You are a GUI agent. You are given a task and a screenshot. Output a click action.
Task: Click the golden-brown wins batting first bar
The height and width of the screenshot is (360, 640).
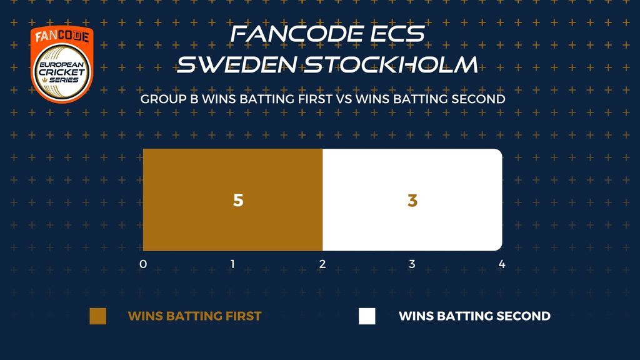(232, 199)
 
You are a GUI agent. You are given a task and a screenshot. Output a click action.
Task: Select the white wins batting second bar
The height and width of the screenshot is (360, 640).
(412, 199)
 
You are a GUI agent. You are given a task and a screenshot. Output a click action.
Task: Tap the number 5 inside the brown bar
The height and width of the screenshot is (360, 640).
(238, 200)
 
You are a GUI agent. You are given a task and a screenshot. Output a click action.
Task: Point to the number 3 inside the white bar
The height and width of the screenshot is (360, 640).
(412, 200)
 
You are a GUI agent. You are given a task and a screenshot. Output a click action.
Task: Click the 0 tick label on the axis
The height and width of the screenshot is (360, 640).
(143, 264)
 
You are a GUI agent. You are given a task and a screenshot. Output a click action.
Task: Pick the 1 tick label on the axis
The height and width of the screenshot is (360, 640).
(232, 264)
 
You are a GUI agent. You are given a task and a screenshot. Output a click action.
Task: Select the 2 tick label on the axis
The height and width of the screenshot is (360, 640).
(322, 264)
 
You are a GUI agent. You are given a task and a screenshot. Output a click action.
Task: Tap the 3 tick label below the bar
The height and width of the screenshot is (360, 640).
(412, 264)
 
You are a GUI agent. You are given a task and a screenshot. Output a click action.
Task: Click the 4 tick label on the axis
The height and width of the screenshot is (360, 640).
(502, 264)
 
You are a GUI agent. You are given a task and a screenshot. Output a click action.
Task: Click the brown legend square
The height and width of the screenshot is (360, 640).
(98, 316)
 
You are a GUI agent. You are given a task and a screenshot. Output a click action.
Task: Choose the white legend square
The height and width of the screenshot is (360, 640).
(367, 316)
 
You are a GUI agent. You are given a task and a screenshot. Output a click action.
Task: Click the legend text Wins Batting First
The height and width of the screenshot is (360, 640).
(195, 316)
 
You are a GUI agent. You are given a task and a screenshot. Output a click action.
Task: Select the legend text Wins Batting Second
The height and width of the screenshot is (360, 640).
(475, 316)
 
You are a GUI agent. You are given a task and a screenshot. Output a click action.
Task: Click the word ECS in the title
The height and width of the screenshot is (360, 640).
(397, 34)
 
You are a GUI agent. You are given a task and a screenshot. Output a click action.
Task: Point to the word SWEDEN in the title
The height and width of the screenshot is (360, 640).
(237, 64)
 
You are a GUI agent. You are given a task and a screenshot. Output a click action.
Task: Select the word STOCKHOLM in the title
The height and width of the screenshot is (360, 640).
(391, 64)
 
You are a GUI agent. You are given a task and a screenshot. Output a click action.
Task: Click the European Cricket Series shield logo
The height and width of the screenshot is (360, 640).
(62, 64)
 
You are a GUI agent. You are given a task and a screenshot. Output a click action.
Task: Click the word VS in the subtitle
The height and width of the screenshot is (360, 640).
(344, 99)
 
